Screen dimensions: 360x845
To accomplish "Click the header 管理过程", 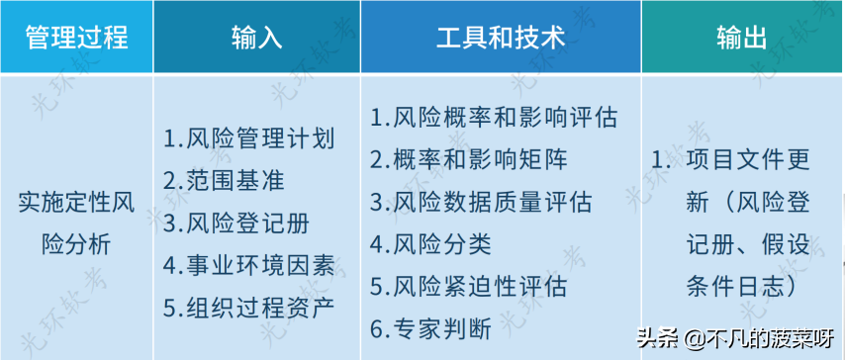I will click(x=76, y=38).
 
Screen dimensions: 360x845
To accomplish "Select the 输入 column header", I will click(x=256, y=38).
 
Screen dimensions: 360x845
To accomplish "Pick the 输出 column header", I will click(x=741, y=38).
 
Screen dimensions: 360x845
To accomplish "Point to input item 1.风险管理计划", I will click(x=248, y=137).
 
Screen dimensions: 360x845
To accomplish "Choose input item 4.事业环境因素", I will click(x=248, y=264).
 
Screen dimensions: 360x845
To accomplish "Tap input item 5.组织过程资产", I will click(x=248, y=306).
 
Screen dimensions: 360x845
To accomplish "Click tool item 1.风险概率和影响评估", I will click(x=494, y=118).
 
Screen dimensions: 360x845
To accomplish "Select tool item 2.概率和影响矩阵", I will click(x=469, y=159).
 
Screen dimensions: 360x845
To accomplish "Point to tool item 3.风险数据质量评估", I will click(x=481, y=202).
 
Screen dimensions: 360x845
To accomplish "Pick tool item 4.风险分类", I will click(x=430, y=243).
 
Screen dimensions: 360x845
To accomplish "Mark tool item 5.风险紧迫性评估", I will click(x=469, y=286).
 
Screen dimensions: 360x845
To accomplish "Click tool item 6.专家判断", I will click(x=430, y=327).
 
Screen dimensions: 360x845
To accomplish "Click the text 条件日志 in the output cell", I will click(x=736, y=286).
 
